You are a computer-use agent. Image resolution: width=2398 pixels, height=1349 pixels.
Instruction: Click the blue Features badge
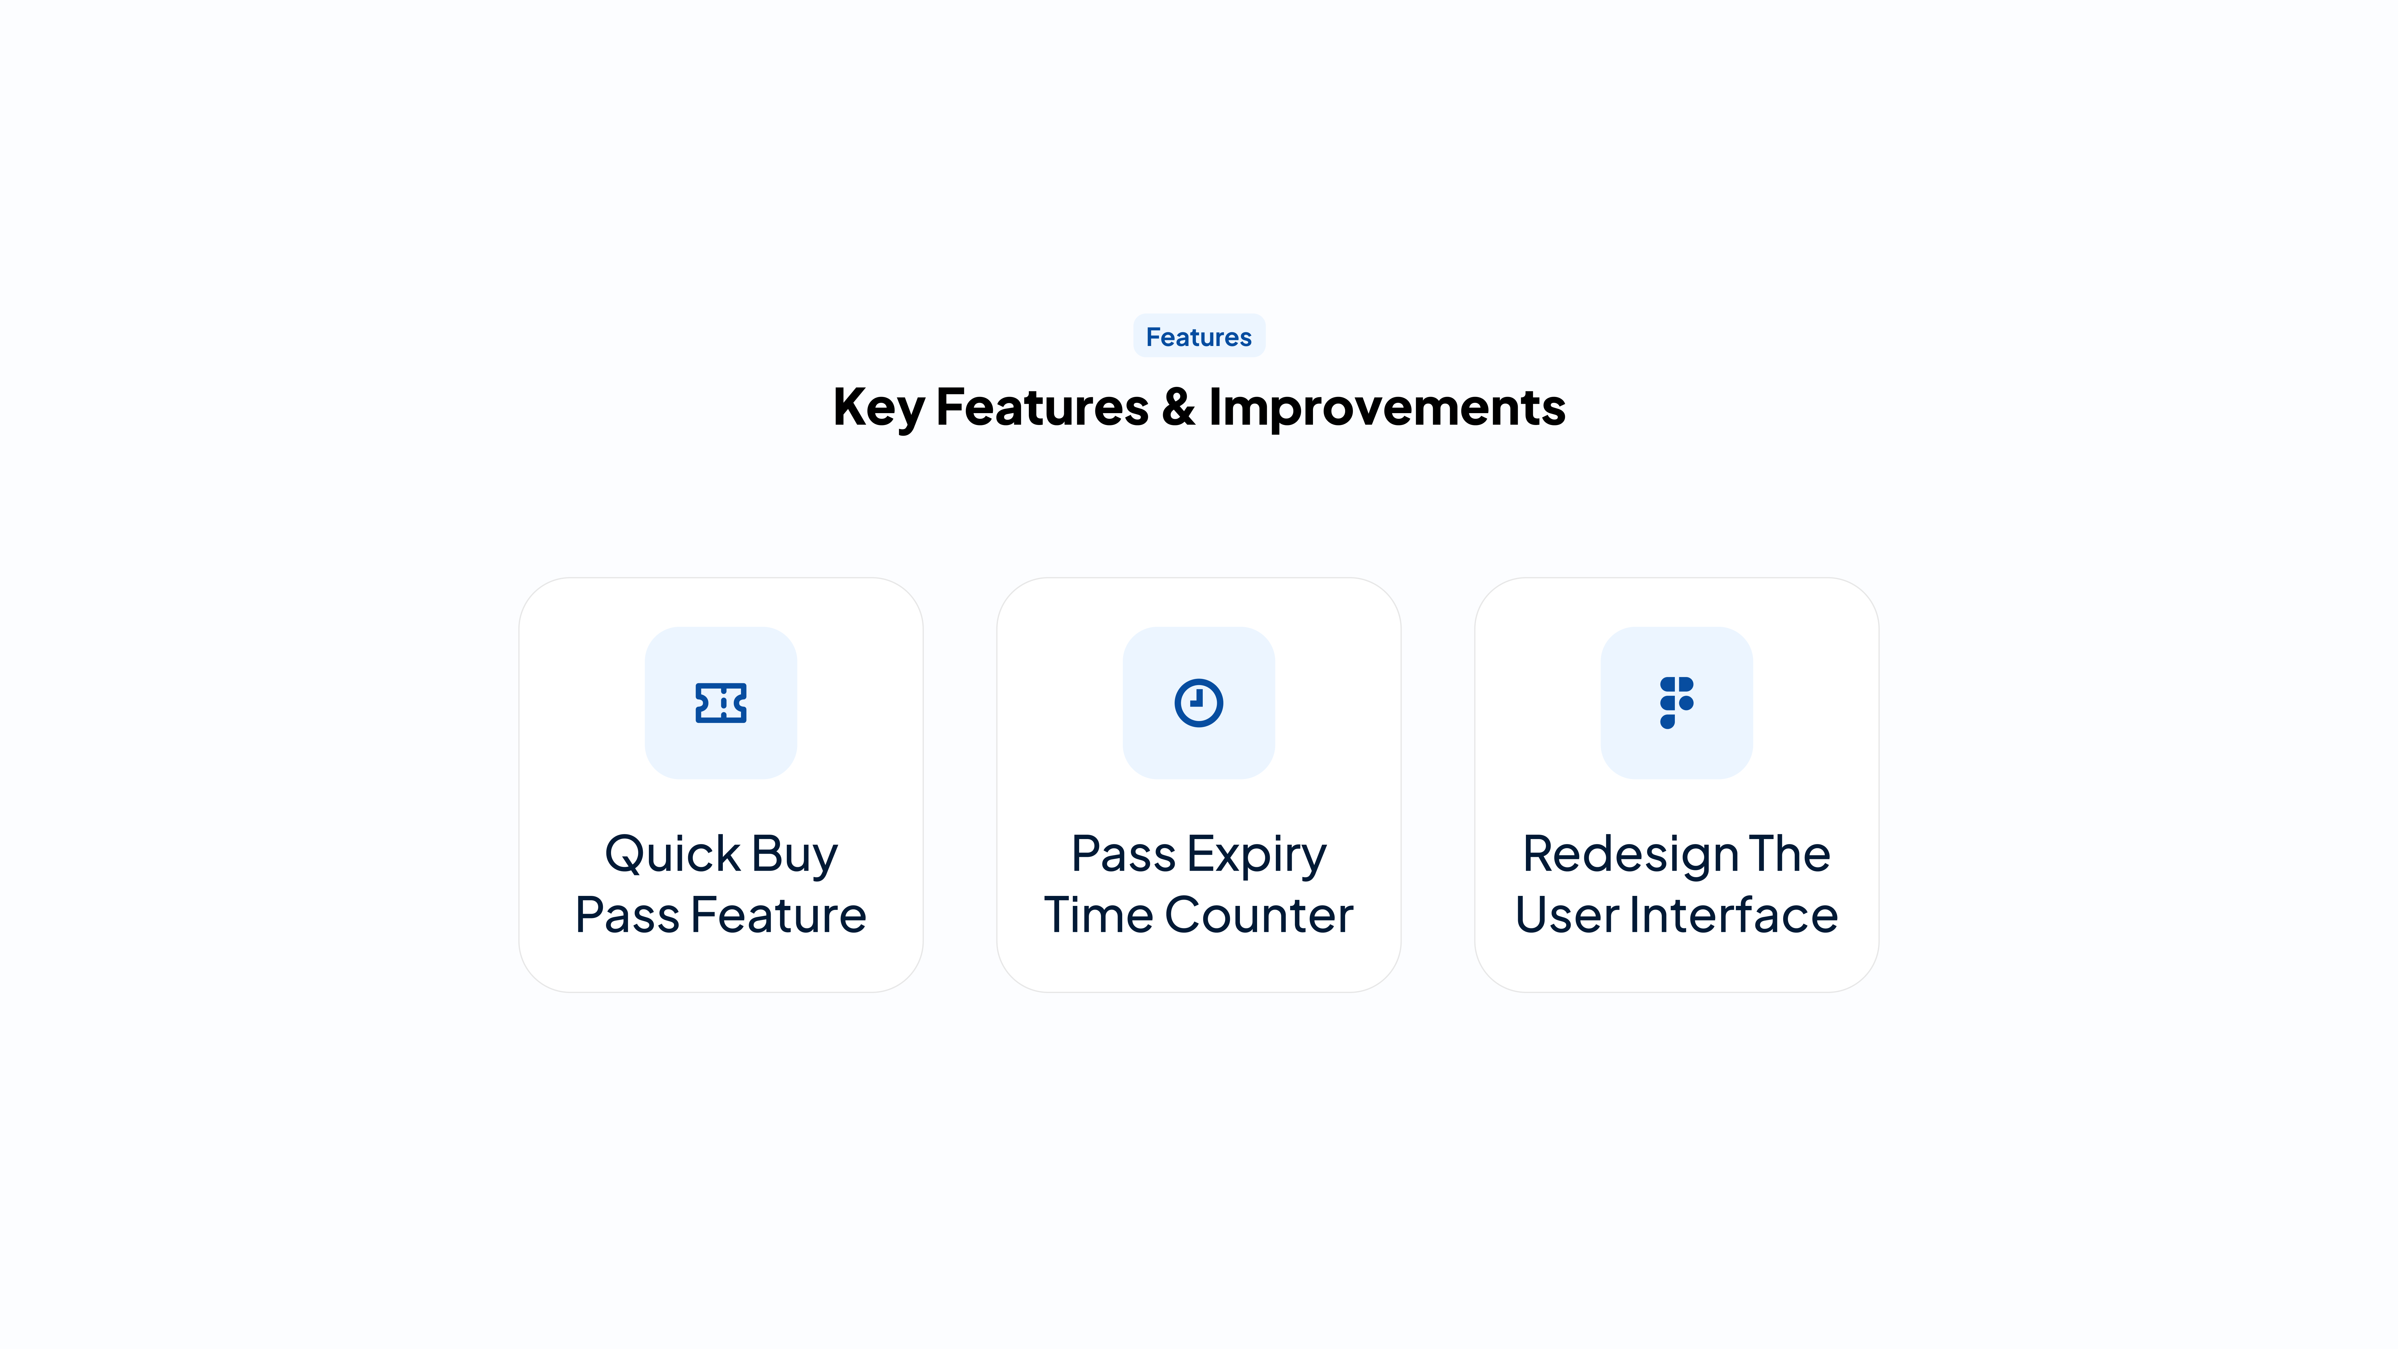(x=1199, y=336)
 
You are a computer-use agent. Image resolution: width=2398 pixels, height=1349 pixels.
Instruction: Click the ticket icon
(x=721, y=703)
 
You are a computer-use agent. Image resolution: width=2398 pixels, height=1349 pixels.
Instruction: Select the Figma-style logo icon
(x=1676, y=703)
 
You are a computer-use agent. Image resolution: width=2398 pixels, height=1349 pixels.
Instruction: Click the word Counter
(x=1259, y=915)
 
